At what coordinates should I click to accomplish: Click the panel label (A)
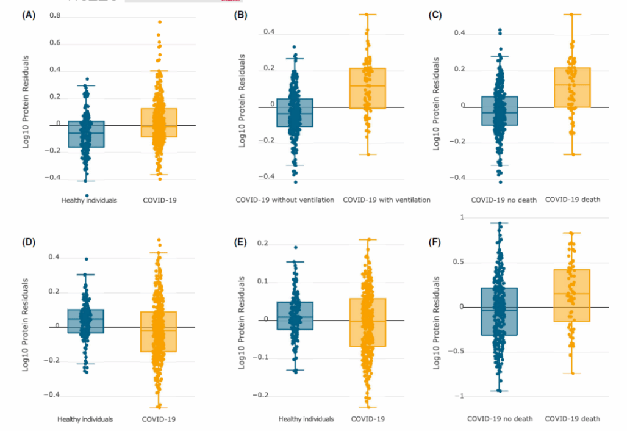coord(28,14)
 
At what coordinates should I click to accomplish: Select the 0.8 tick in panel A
coord(55,15)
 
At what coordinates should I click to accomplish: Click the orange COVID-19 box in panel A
coord(160,123)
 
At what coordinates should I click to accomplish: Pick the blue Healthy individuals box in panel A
coord(86,134)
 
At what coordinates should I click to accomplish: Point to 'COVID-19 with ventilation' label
coord(387,200)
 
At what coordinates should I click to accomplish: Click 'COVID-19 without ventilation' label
coord(285,200)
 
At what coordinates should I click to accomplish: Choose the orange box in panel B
coord(368,89)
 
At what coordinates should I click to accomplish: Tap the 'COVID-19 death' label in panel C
coord(571,199)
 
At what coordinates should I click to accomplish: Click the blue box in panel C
coord(500,110)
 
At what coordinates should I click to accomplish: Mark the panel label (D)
coord(28,241)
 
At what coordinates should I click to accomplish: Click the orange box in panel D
coord(159,331)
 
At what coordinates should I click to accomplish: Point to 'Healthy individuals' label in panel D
coord(85,419)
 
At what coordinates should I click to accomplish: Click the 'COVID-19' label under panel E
coord(368,419)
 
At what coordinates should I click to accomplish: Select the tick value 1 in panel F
coord(462,218)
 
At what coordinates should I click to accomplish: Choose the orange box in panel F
coord(572,295)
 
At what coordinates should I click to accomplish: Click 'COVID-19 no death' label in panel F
coord(500,419)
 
